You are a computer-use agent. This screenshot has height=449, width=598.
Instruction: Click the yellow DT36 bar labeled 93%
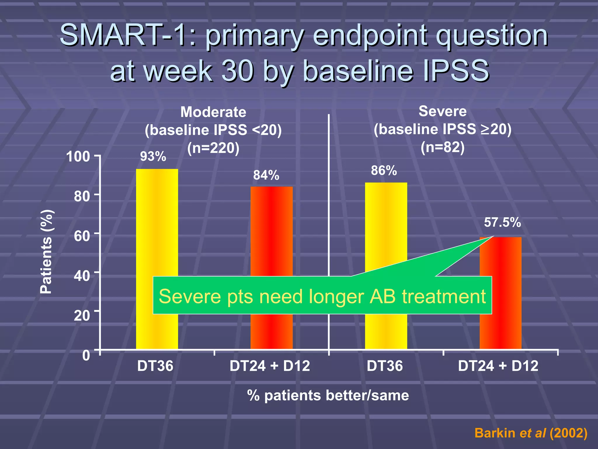click(157, 222)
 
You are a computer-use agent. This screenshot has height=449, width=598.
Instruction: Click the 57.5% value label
click(502, 222)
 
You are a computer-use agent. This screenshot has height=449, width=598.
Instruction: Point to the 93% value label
click(153, 156)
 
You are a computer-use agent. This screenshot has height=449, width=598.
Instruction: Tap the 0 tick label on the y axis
click(86, 355)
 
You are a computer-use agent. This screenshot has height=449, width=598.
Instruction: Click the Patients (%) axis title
click(46, 251)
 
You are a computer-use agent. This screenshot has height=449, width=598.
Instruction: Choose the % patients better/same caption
click(328, 395)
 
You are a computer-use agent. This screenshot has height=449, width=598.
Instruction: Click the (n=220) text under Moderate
click(213, 148)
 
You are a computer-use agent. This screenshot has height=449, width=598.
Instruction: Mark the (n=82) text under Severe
click(442, 147)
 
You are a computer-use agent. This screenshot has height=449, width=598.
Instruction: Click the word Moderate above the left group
click(213, 112)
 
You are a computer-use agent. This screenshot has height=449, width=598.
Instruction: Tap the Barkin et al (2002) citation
click(531, 433)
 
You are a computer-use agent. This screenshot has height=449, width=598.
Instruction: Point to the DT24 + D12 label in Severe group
click(498, 366)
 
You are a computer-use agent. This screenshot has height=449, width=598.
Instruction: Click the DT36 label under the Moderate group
click(155, 366)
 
